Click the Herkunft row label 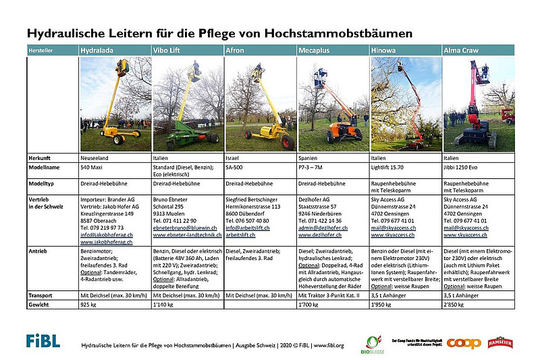[x=41, y=157]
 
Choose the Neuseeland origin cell [x=97, y=157]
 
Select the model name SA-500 [x=236, y=165]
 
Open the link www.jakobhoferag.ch [x=107, y=240]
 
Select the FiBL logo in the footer [x=43, y=340]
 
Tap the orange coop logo [x=464, y=343]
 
